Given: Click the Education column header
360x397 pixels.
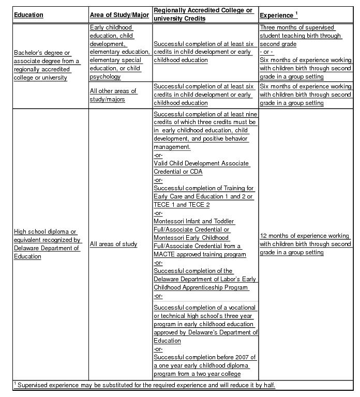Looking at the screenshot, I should click(x=28, y=15).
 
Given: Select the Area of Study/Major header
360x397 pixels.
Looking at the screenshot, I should click(x=119, y=15).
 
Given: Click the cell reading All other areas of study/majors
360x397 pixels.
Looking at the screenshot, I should click(x=113, y=95).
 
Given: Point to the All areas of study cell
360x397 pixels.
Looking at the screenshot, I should click(x=114, y=244).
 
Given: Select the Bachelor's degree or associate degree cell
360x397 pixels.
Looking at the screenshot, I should click(x=47, y=65).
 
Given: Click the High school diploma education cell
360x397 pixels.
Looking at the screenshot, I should click(x=47, y=244).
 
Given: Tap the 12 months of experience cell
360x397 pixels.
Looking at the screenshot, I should click(x=305, y=244).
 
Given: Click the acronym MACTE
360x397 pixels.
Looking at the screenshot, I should click(x=166, y=254).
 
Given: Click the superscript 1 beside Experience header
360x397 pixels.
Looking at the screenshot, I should click(x=296, y=13).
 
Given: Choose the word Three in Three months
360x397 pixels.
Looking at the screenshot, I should click(x=268, y=27).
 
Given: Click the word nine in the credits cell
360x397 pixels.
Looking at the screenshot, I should click(x=250, y=114).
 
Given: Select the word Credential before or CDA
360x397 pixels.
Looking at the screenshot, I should click(x=170, y=172).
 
